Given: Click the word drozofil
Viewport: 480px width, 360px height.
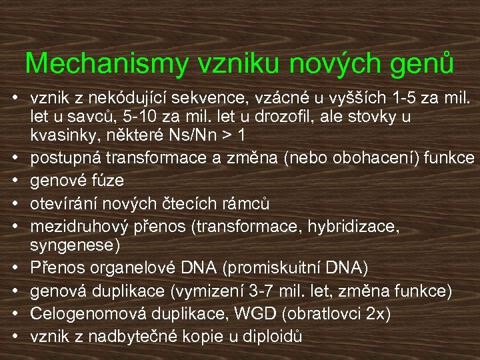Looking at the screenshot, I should [269, 117].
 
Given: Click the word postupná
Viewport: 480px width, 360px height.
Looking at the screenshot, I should [61, 158].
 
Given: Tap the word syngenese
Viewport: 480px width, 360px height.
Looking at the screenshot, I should [73, 245].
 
